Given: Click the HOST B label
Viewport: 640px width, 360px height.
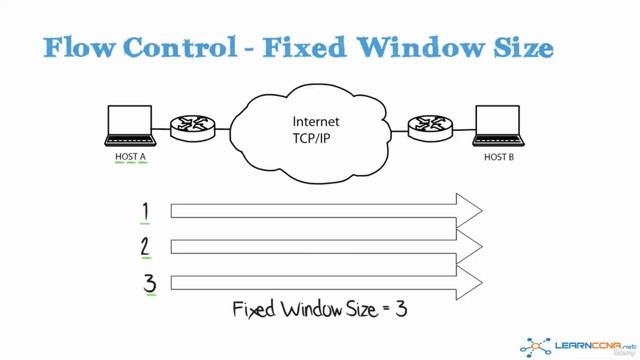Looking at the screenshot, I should tap(500, 156).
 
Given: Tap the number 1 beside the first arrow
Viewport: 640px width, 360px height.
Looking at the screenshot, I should tap(147, 210).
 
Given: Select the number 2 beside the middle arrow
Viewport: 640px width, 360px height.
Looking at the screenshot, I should tap(148, 245).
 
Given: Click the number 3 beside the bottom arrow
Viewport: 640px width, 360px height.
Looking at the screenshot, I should tap(150, 281).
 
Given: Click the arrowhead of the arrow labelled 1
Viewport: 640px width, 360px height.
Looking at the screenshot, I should tap(469, 211).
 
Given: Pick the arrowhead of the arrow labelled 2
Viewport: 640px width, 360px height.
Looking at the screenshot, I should tap(469, 246).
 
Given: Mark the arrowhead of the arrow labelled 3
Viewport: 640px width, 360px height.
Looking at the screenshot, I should tap(469, 282).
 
